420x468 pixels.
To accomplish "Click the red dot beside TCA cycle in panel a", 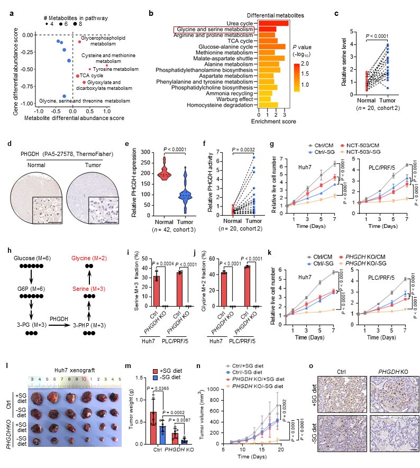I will pos(78,76).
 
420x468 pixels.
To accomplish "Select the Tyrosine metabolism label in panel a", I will pos(112,69).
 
